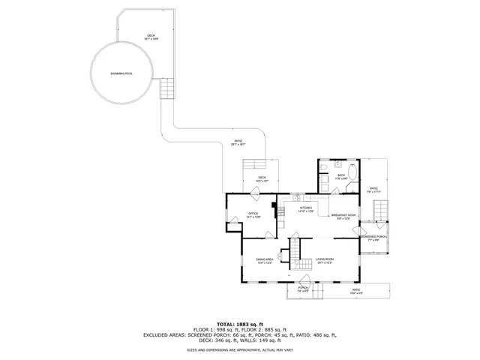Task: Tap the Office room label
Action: (253, 215)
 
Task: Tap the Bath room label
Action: (340, 177)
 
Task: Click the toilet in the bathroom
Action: (337, 164)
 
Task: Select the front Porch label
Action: (304, 289)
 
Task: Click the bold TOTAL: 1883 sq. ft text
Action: (240, 323)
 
